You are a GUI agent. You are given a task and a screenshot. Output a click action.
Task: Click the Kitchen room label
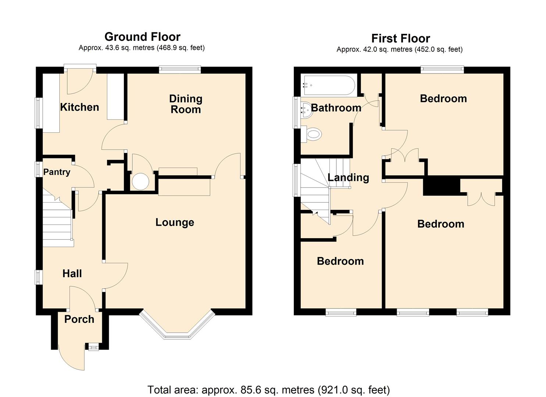click(79, 107)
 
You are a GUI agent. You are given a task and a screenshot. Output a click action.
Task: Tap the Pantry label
click(57, 172)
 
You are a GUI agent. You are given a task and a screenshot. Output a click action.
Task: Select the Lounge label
click(175, 222)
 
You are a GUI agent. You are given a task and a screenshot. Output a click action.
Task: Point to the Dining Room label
click(186, 104)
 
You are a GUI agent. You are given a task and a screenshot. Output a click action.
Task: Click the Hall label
click(72, 273)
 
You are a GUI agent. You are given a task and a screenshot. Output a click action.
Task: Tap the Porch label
click(79, 319)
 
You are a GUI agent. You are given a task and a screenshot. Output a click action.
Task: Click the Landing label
click(348, 178)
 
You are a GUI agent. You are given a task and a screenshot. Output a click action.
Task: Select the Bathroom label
click(336, 108)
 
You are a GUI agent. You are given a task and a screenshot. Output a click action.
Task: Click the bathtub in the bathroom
click(329, 85)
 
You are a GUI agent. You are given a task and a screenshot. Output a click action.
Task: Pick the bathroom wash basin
click(307, 111)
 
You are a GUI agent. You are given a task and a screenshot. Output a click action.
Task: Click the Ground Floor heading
click(142, 37)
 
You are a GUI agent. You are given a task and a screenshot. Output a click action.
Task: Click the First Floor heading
click(400, 38)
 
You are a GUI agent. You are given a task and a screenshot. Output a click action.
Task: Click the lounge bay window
click(177, 325)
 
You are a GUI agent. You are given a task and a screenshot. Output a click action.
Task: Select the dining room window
click(180, 69)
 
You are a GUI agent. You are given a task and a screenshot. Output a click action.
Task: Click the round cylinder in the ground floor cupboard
click(140, 182)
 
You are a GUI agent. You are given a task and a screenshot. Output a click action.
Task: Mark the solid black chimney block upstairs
click(442, 187)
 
